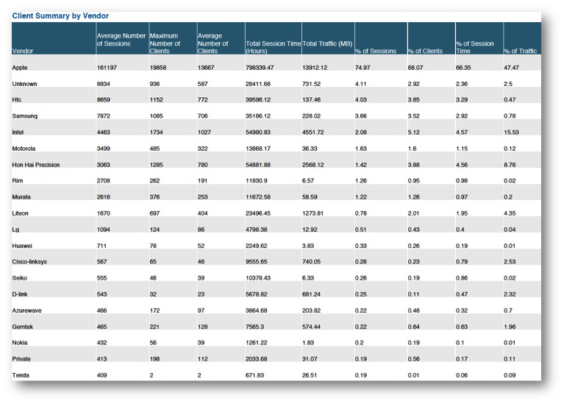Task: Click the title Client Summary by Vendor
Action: pos(60,16)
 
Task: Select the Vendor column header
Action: pos(23,51)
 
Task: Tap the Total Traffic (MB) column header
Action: pos(327,43)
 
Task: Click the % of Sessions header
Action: pos(376,51)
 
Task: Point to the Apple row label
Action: pos(20,68)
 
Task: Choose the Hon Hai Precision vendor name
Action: pos(36,165)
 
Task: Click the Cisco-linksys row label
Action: pos(29,262)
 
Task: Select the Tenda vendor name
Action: pos(21,375)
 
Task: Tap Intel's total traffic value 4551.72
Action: pos(313,132)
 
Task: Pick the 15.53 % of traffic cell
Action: pos(511,132)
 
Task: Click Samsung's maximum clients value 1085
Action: pos(157,116)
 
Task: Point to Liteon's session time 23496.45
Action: pos(258,213)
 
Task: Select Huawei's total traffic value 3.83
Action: pos(308,246)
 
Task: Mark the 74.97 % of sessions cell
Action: pos(363,68)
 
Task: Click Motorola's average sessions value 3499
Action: pos(103,149)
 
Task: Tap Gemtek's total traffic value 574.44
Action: pos(312,327)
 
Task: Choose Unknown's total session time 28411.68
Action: pos(258,84)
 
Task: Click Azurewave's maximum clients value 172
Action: pos(154,311)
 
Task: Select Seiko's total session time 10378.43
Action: pos(258,278)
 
